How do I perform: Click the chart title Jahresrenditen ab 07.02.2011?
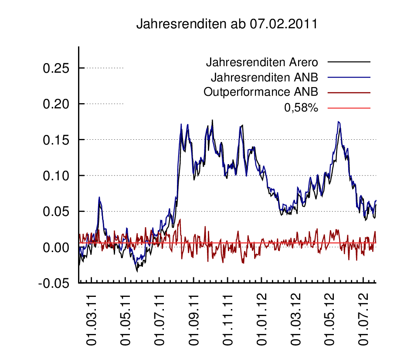click(226, 24)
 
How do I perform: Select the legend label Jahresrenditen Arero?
click(261, 62)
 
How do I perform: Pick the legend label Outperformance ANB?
click(260, 92)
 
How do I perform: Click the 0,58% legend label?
click(301, 108)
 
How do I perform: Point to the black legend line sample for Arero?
click(349, 62)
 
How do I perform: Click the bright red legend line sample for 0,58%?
click(349, 108)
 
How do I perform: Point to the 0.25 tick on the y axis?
click(57, 68)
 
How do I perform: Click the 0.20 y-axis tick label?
click(57, 104)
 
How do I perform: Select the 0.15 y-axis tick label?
click(57, 140)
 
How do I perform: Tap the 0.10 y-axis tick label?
click(57, 176)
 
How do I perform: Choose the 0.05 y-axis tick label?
click(57, 212)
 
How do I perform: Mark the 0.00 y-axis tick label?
click(57, 247)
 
